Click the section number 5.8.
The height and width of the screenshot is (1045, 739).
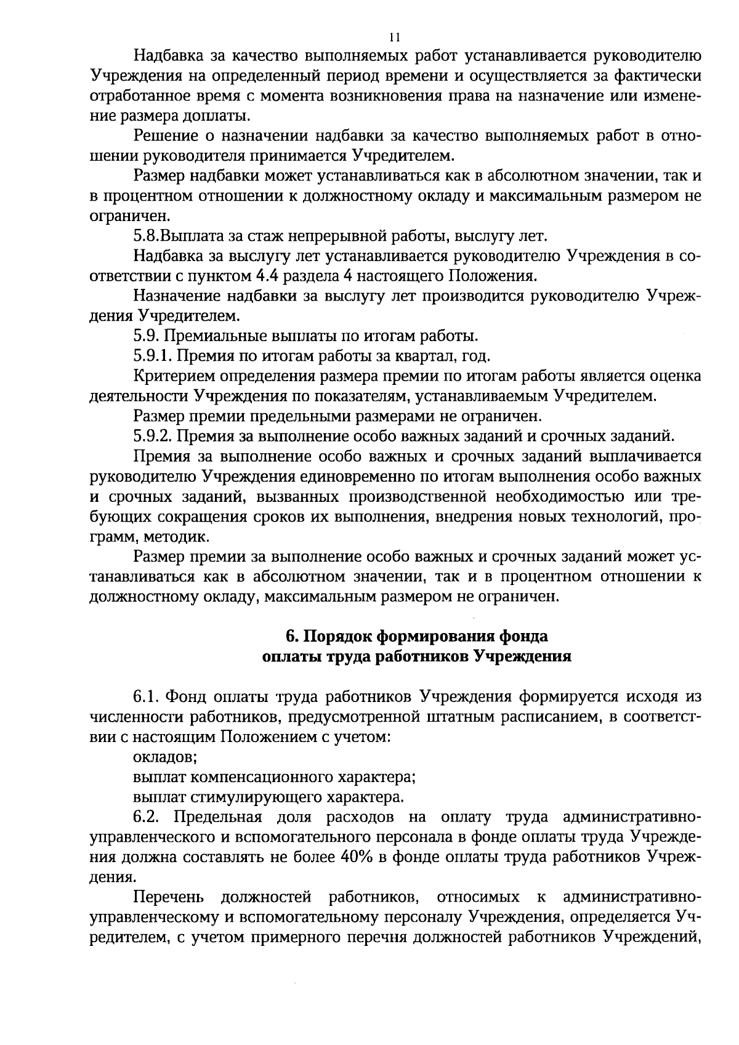pos(147,236)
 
